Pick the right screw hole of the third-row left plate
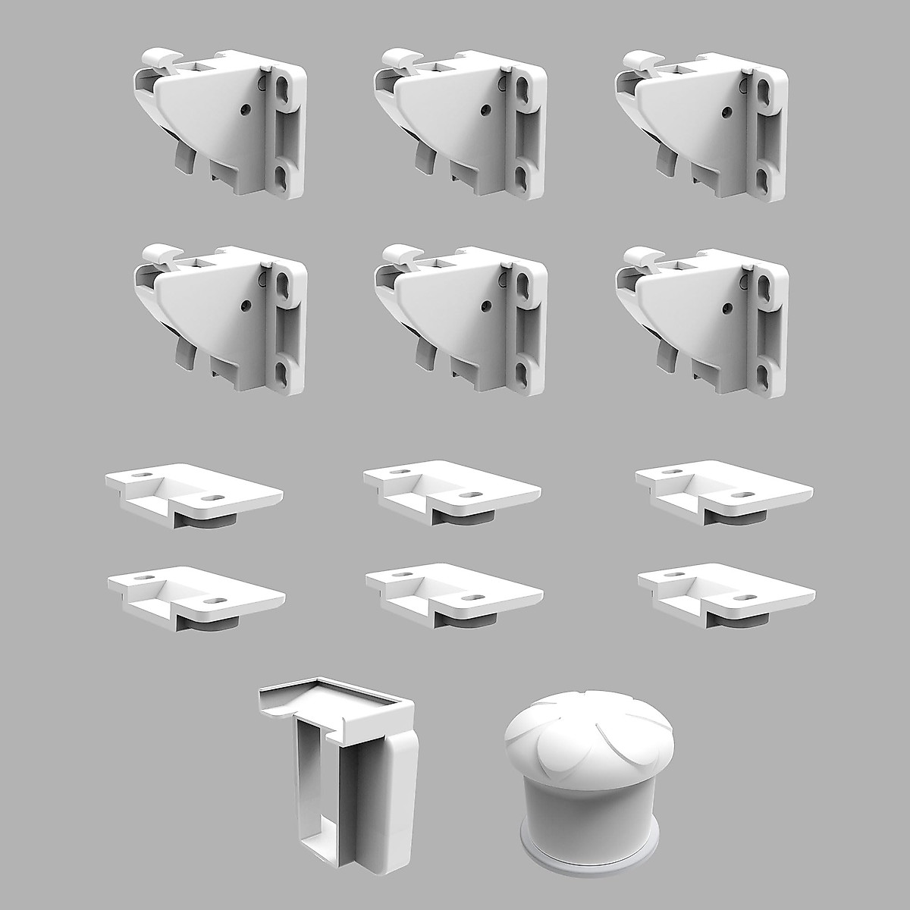click(x=215, y=499)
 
